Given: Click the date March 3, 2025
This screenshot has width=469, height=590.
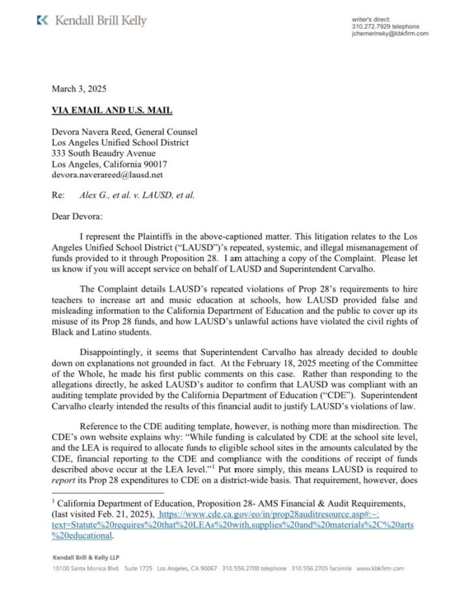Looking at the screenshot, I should coord(79,89).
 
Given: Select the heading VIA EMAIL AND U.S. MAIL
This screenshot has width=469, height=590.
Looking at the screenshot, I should coord(112,111).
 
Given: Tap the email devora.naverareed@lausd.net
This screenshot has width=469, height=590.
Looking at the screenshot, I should coord(107,175).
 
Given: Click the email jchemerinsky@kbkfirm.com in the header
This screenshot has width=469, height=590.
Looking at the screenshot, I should coord(390,33).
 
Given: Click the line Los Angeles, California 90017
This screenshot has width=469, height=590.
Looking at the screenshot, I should coord(109,164).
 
